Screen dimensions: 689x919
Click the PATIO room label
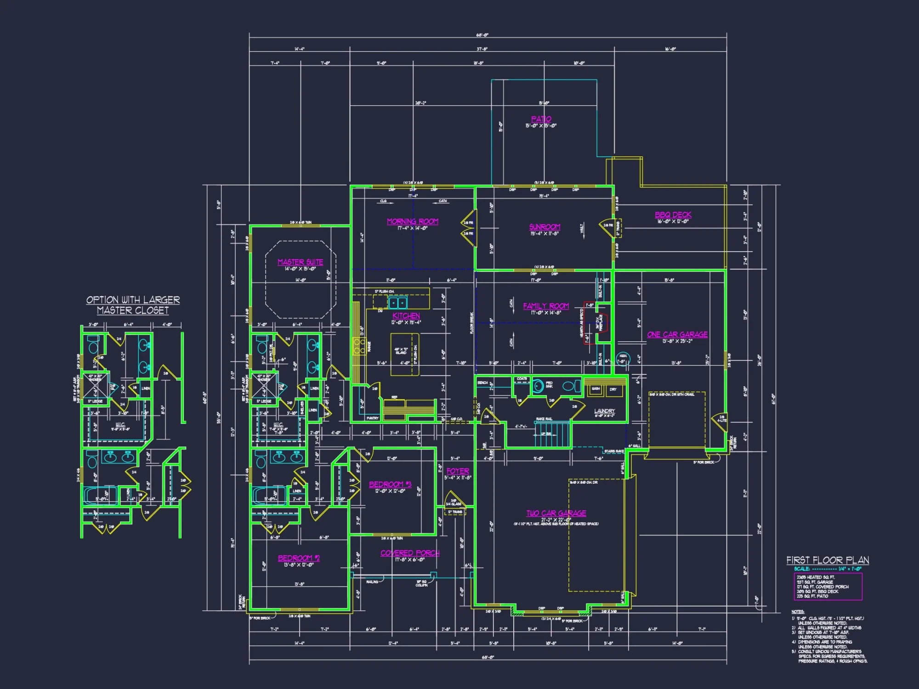click(x=541, y=119)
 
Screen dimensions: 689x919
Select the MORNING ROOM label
click(x=412, y=221)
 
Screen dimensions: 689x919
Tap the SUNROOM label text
click(x=545, y=227)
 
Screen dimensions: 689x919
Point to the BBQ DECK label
click(x=673, y=215)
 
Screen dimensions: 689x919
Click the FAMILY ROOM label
click(x=546, y=306)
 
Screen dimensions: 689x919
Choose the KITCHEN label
click(x=406, y=316)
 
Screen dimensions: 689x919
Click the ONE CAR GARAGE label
click(x=677, y=334)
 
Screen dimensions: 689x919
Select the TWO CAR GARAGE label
click(x=556, y=513)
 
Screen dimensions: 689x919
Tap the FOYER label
click(x=457, y=471)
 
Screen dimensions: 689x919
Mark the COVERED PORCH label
click(x=409, y=553)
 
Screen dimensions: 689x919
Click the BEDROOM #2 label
click(x=298, y=558)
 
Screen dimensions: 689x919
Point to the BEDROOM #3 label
click(x=390, y=484)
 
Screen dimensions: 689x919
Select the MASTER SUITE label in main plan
click(x=300, y=262)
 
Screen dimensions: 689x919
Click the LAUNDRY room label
click(x=604, y=411)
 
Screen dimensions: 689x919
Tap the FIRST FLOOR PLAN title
click(x=827, y=560)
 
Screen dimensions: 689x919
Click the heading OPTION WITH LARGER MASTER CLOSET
click(x=133, y=305)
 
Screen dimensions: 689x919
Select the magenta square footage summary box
click(x=828, y=587)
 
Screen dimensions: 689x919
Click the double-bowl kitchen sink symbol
click(x=397, y=303)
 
